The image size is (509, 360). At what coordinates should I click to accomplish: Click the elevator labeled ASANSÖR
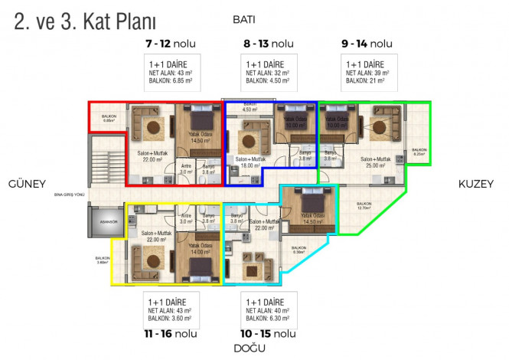[106, 222]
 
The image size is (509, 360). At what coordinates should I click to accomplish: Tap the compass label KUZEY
[475, 183]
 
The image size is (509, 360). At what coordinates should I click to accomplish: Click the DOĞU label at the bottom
[250, 349]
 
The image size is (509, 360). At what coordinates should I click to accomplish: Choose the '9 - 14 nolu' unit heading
[367, 44]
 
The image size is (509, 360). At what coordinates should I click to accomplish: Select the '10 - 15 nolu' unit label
[268, 334]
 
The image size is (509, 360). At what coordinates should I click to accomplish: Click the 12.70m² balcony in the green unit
[364, 205]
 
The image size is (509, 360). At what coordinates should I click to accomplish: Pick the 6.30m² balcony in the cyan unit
[300, 250]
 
